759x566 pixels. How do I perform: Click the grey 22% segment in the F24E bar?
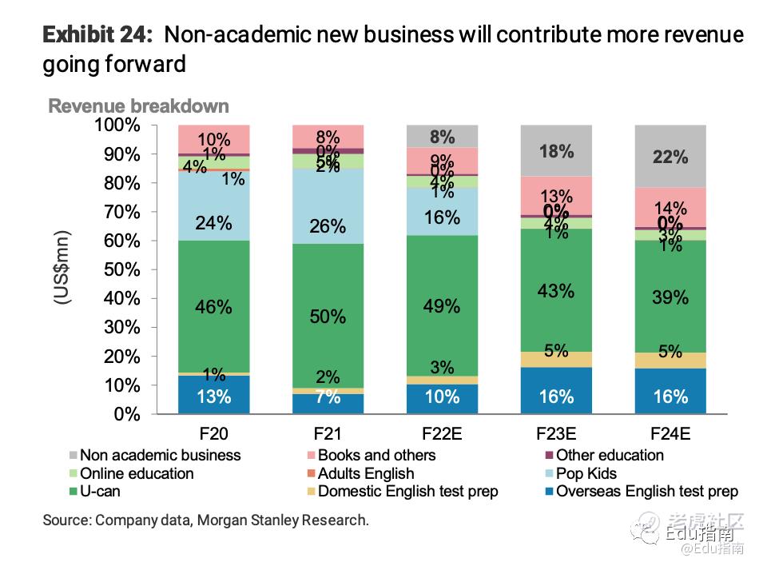click(670, 157)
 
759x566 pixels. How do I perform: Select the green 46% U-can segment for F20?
click(213, 306)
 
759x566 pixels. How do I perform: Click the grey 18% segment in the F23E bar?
click(556, 151)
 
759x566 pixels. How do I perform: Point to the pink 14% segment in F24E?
click(670, 208)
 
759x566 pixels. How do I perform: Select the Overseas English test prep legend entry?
click(646, 492)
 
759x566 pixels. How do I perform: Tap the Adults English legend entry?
click(365, 473)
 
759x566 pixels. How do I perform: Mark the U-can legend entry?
click(100, 492)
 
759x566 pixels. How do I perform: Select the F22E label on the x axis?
click(442, 434)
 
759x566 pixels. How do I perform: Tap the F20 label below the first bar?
click(213, 434)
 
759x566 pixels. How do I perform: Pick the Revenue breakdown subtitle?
click(139, 106)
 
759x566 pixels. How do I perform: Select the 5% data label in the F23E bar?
click(556, 350)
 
